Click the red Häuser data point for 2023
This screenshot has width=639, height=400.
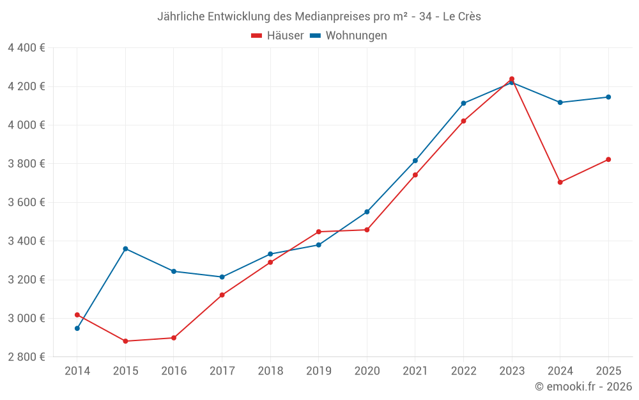click(512, 79)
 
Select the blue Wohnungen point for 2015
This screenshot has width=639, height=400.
click(125, 248)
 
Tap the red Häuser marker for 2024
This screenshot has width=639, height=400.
click(560, 182)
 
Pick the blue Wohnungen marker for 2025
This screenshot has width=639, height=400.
click(608, 97)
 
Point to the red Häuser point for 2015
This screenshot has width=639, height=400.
click(125, 341)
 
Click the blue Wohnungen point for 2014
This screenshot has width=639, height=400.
click(77, 328)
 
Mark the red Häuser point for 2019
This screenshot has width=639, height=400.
click(319, 232)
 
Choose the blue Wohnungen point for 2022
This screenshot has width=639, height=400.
click(463, 103)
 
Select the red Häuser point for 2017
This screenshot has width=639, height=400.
click(222, 295)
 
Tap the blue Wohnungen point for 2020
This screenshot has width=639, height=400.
click(367, 212)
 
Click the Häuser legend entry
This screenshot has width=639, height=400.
click(278, 36)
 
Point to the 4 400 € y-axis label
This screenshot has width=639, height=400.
click(26, 48)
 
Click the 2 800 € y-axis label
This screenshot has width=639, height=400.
click(26, 357)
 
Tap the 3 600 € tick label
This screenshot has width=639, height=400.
click(26, 202)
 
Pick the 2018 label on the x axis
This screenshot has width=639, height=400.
click(270, 371)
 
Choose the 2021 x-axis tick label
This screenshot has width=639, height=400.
click(415, 371)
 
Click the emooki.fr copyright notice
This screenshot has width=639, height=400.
click(583, 387)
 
